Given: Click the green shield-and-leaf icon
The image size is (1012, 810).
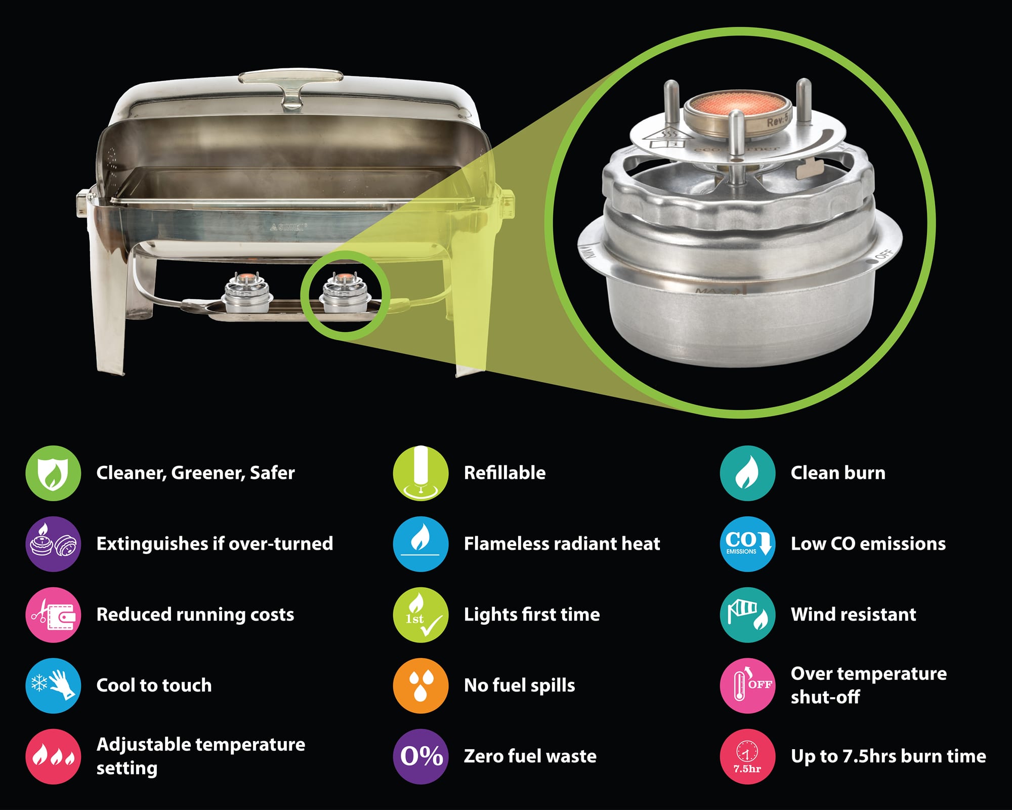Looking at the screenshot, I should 53,473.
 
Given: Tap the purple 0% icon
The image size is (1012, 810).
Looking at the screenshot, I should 420,756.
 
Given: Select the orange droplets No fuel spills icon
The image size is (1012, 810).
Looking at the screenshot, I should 420,685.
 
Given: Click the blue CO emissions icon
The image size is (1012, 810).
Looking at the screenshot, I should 747,544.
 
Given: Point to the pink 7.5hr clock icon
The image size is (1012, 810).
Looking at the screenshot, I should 747,756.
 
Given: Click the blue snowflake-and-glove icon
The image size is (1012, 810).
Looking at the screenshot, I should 53,685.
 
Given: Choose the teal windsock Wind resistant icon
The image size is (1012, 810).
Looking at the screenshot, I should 747,615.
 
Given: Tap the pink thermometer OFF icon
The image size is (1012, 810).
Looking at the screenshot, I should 747,685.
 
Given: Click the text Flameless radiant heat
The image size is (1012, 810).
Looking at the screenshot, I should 562,544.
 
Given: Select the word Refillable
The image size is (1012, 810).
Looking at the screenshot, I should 504,473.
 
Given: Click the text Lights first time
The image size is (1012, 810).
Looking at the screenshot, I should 531,615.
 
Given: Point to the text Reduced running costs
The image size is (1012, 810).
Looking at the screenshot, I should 195,615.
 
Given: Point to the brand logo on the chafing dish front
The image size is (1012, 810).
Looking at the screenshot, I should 288,227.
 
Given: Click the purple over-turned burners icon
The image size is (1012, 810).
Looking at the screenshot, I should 53,544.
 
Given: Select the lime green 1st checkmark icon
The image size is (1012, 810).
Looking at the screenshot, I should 420,615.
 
